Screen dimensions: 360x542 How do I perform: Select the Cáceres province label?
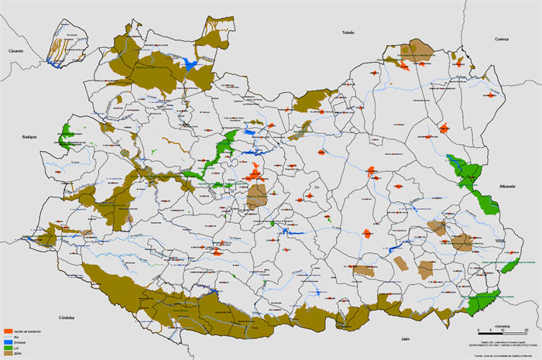[16, 50]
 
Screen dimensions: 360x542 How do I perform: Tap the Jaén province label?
[404, 339]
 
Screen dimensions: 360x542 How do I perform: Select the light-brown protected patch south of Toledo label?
[420, 49]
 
